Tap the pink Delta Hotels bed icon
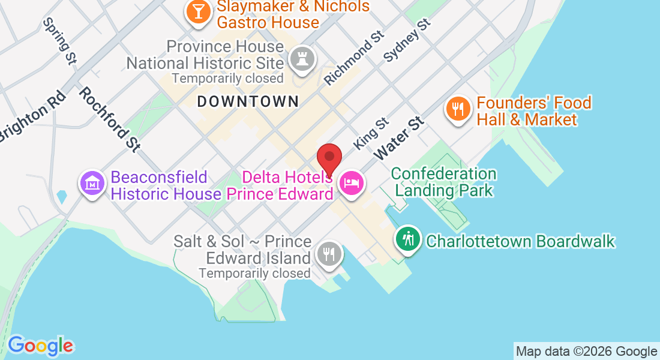tap(351, 182)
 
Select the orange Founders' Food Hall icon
tap(457, 109)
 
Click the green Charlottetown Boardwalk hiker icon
tap(408, 239)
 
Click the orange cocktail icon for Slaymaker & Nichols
tap(198, 11)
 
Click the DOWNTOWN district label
tap(248, 101)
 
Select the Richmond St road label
tap(353, 58)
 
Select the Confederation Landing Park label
tap(444, 182)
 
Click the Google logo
tap(40, 346)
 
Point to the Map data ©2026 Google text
tap(586, 352)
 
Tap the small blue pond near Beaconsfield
tap(61, 196)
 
